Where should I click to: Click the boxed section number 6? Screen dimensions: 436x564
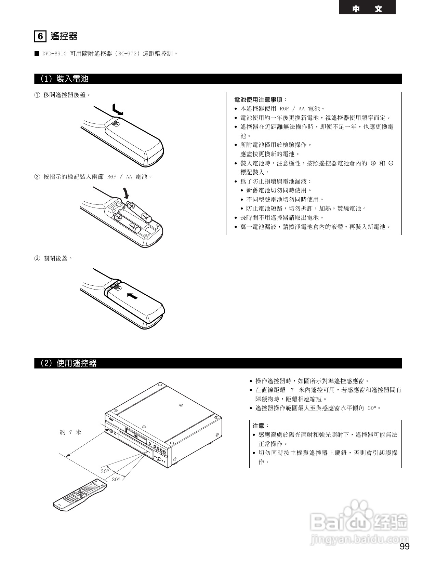tap(40, 36)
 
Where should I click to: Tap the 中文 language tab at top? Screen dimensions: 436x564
tap(367, 9)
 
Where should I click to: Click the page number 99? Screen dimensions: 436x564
tap(404, 546)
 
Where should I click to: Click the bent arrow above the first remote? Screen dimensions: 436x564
tap(117, 110)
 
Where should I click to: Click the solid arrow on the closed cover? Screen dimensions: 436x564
tap(132, 296)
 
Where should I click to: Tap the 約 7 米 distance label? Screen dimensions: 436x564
tap(70, 432)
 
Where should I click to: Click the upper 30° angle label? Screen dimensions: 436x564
tap(105, 471)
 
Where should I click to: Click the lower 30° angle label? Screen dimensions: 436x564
tap(116, 480)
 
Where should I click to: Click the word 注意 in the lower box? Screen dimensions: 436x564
tap(259, 426)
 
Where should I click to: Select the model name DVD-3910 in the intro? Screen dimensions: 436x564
tap(54, 54)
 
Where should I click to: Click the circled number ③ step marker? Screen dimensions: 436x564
tap(37, 258)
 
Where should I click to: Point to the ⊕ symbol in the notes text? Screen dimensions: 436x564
tap(373, 163)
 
